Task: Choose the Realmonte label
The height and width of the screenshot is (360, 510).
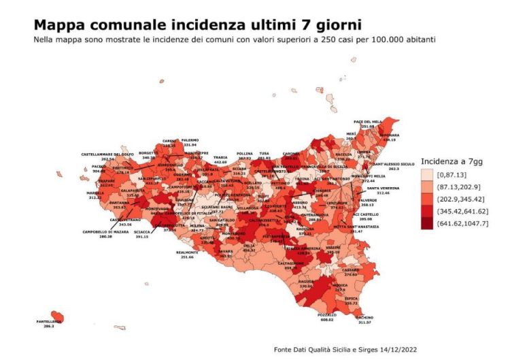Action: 186,252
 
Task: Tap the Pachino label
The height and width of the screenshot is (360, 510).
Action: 364,318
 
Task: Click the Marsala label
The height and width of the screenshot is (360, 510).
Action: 95,193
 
